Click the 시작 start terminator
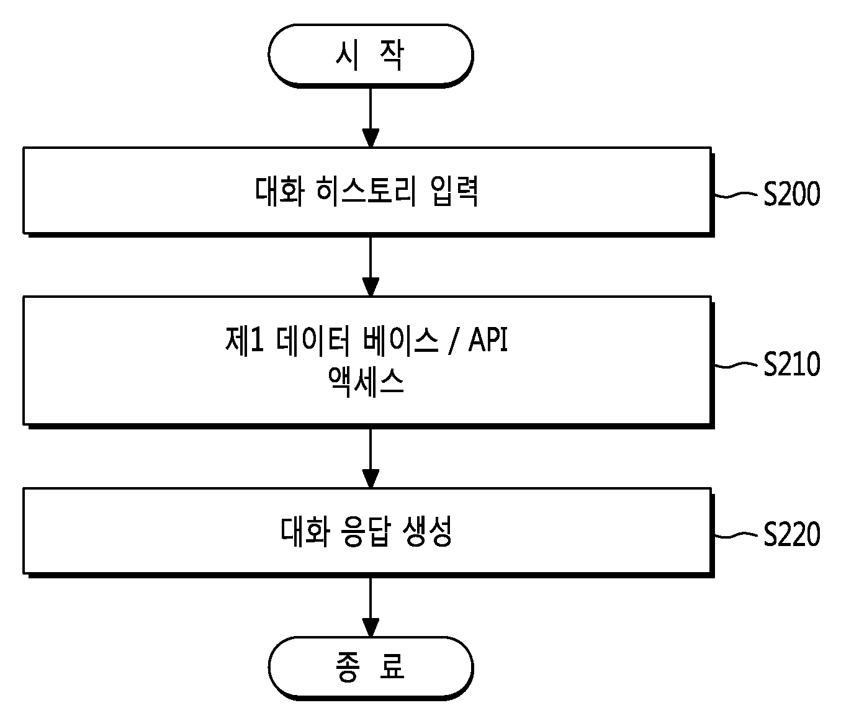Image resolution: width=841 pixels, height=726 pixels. (x=371, y=56)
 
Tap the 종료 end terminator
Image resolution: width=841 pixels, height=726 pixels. (x=371, y=668)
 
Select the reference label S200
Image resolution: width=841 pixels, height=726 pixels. (x=791, y=194)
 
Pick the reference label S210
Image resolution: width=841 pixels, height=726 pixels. (x=791, y=364)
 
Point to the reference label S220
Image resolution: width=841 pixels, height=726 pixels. (x=791, y=534)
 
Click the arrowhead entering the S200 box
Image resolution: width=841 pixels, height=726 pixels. (x=371, y=138)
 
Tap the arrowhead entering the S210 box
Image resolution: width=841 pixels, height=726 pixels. (x=371, y=287)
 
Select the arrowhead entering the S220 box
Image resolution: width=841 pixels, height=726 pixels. (x=371, y=478)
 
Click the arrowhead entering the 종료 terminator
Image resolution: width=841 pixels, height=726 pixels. (x=371, y=627)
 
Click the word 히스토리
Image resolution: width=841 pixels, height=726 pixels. (x=366, y=191)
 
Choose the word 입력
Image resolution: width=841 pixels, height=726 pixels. (x=454, y=191)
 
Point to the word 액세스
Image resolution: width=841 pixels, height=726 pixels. (x=366, y=382)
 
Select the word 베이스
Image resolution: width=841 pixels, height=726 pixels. (x=401, y=340)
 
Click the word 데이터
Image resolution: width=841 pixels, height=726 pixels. (x=312, y=340)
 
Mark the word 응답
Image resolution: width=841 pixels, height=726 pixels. (x=367, y=532)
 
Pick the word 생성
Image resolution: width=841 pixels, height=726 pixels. (x=427, y=532)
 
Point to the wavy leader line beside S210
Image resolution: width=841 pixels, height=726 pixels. (x=735, y=365)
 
